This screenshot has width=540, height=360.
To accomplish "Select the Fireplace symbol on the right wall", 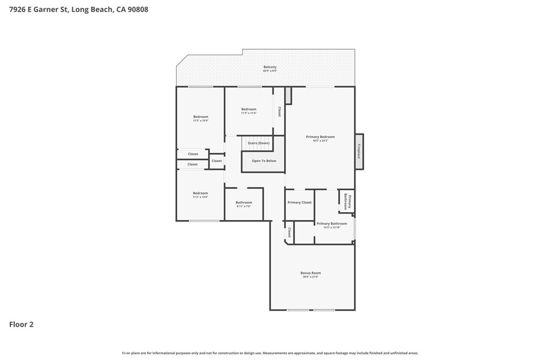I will pyautogui.click(x=359, y=151).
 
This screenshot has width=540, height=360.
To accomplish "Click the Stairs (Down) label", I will pyautogui.click(x=258, y=143).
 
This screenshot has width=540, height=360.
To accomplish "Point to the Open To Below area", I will pyautogui.click(x=264, y=161).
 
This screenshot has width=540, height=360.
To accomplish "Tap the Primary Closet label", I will pyautogui.click(x=299, y=202).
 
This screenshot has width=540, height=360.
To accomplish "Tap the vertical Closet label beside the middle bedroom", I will pyautogui.click(x=279, y=112).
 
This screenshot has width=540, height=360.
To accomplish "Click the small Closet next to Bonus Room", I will pyautogui.click(x=289, y=232).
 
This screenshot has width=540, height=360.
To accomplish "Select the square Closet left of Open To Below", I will pyautogui.click(x=217, y=161).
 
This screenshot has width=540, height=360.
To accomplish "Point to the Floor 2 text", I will pyautogui.click(x=21, y=325).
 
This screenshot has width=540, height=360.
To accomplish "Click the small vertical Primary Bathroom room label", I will pyautogui.click(x=346, y=202).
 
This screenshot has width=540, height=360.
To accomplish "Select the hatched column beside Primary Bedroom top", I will pyautogui.click(x=288, y=95).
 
